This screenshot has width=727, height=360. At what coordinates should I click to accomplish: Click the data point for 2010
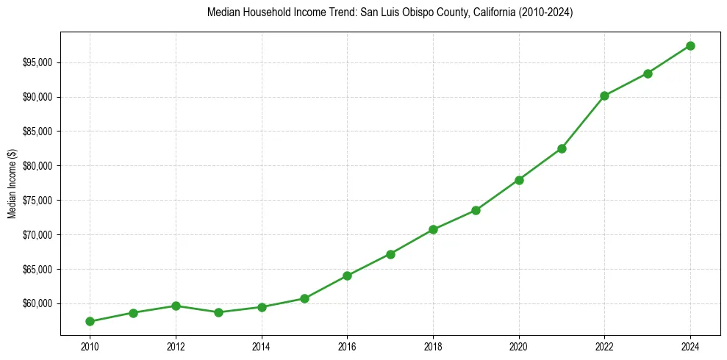click(90, 321)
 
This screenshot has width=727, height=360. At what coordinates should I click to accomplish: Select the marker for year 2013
click(218, 312)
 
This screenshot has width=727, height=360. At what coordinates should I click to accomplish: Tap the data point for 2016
click(347, 276)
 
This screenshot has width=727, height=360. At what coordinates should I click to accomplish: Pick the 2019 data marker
click(476, 210)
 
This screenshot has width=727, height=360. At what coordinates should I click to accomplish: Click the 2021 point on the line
click(562, 148)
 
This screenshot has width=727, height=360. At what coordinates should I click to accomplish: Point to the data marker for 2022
click(604, 96)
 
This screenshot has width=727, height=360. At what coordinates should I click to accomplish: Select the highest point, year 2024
click(690, 46)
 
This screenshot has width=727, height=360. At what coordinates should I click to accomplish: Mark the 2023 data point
click(648, 73)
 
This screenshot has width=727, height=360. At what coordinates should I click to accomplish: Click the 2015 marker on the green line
click(304, 298)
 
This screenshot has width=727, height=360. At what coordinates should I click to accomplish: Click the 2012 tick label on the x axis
click(176, 345)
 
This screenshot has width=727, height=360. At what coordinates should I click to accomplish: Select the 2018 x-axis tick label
click(433, 345)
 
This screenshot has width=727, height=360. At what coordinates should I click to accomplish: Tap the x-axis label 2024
click(690, 345)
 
